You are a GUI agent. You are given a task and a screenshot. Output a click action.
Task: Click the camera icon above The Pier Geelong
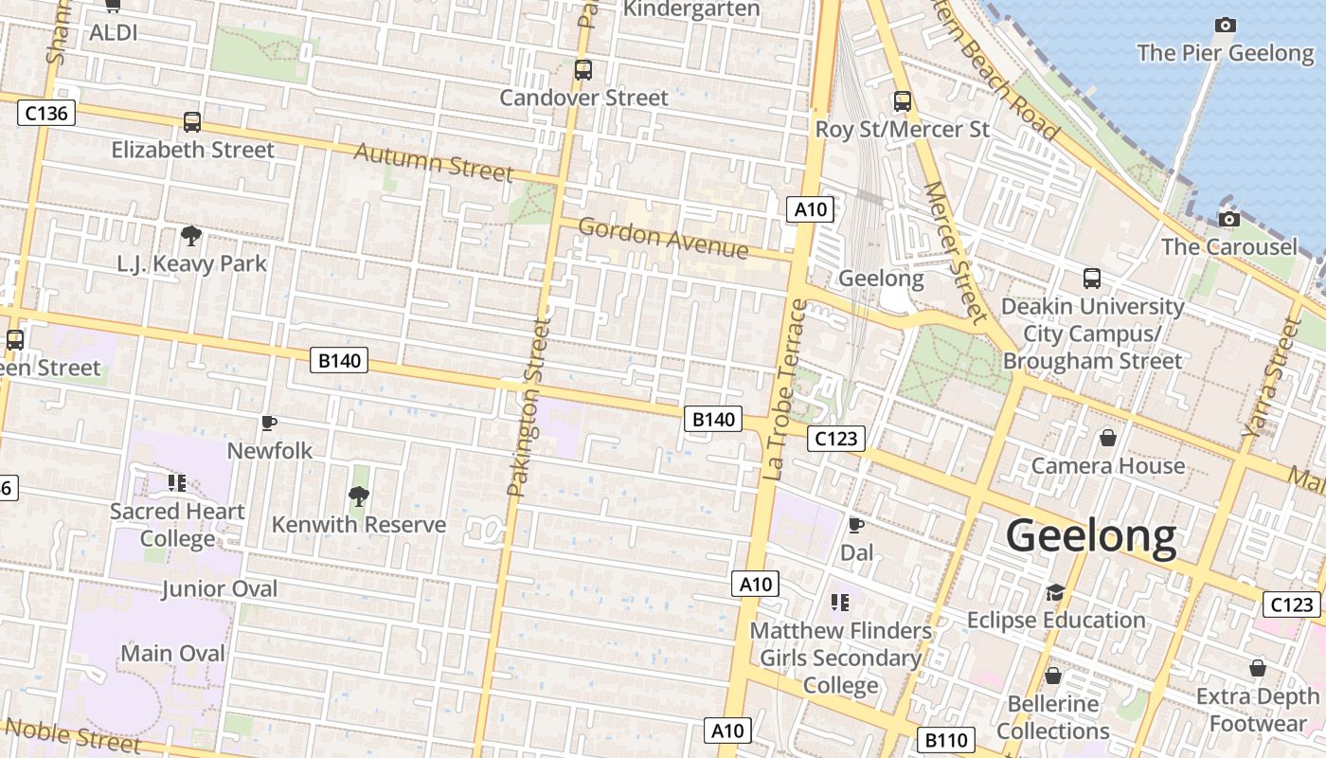coord(1225,26)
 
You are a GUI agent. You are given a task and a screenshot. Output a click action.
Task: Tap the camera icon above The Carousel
coord(1228,220)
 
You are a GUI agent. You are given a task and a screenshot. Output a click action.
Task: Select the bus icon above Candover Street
coord(583,69)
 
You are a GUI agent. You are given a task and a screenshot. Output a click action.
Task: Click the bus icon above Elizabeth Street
coord(192,121)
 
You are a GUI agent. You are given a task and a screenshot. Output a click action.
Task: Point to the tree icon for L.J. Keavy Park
coord(191,236)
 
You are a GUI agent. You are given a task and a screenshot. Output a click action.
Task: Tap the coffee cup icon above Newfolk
coord(269,423)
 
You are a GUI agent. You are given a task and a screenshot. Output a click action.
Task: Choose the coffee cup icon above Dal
coord(856,524)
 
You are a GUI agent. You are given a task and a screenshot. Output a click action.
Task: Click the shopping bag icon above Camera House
coord(1107,438)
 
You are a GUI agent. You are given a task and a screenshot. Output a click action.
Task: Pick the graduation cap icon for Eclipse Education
coord(1055,593)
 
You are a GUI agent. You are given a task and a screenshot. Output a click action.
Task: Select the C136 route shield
coord(46,114)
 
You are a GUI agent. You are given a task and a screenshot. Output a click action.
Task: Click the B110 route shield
coord(945,740)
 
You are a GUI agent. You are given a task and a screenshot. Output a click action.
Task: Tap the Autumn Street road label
coord(433,161)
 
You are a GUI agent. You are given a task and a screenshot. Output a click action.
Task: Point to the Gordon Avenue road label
coord(663,238)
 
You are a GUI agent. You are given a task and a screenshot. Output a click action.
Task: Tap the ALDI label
coord(114,33)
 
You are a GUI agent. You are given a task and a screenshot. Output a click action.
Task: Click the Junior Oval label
coord(220,588)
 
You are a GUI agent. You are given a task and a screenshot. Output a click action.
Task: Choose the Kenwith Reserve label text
coord(359,524)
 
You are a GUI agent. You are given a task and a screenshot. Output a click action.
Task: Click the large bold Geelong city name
coord(1091,536)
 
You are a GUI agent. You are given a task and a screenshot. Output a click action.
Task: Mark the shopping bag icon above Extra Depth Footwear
coord(1258,669)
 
